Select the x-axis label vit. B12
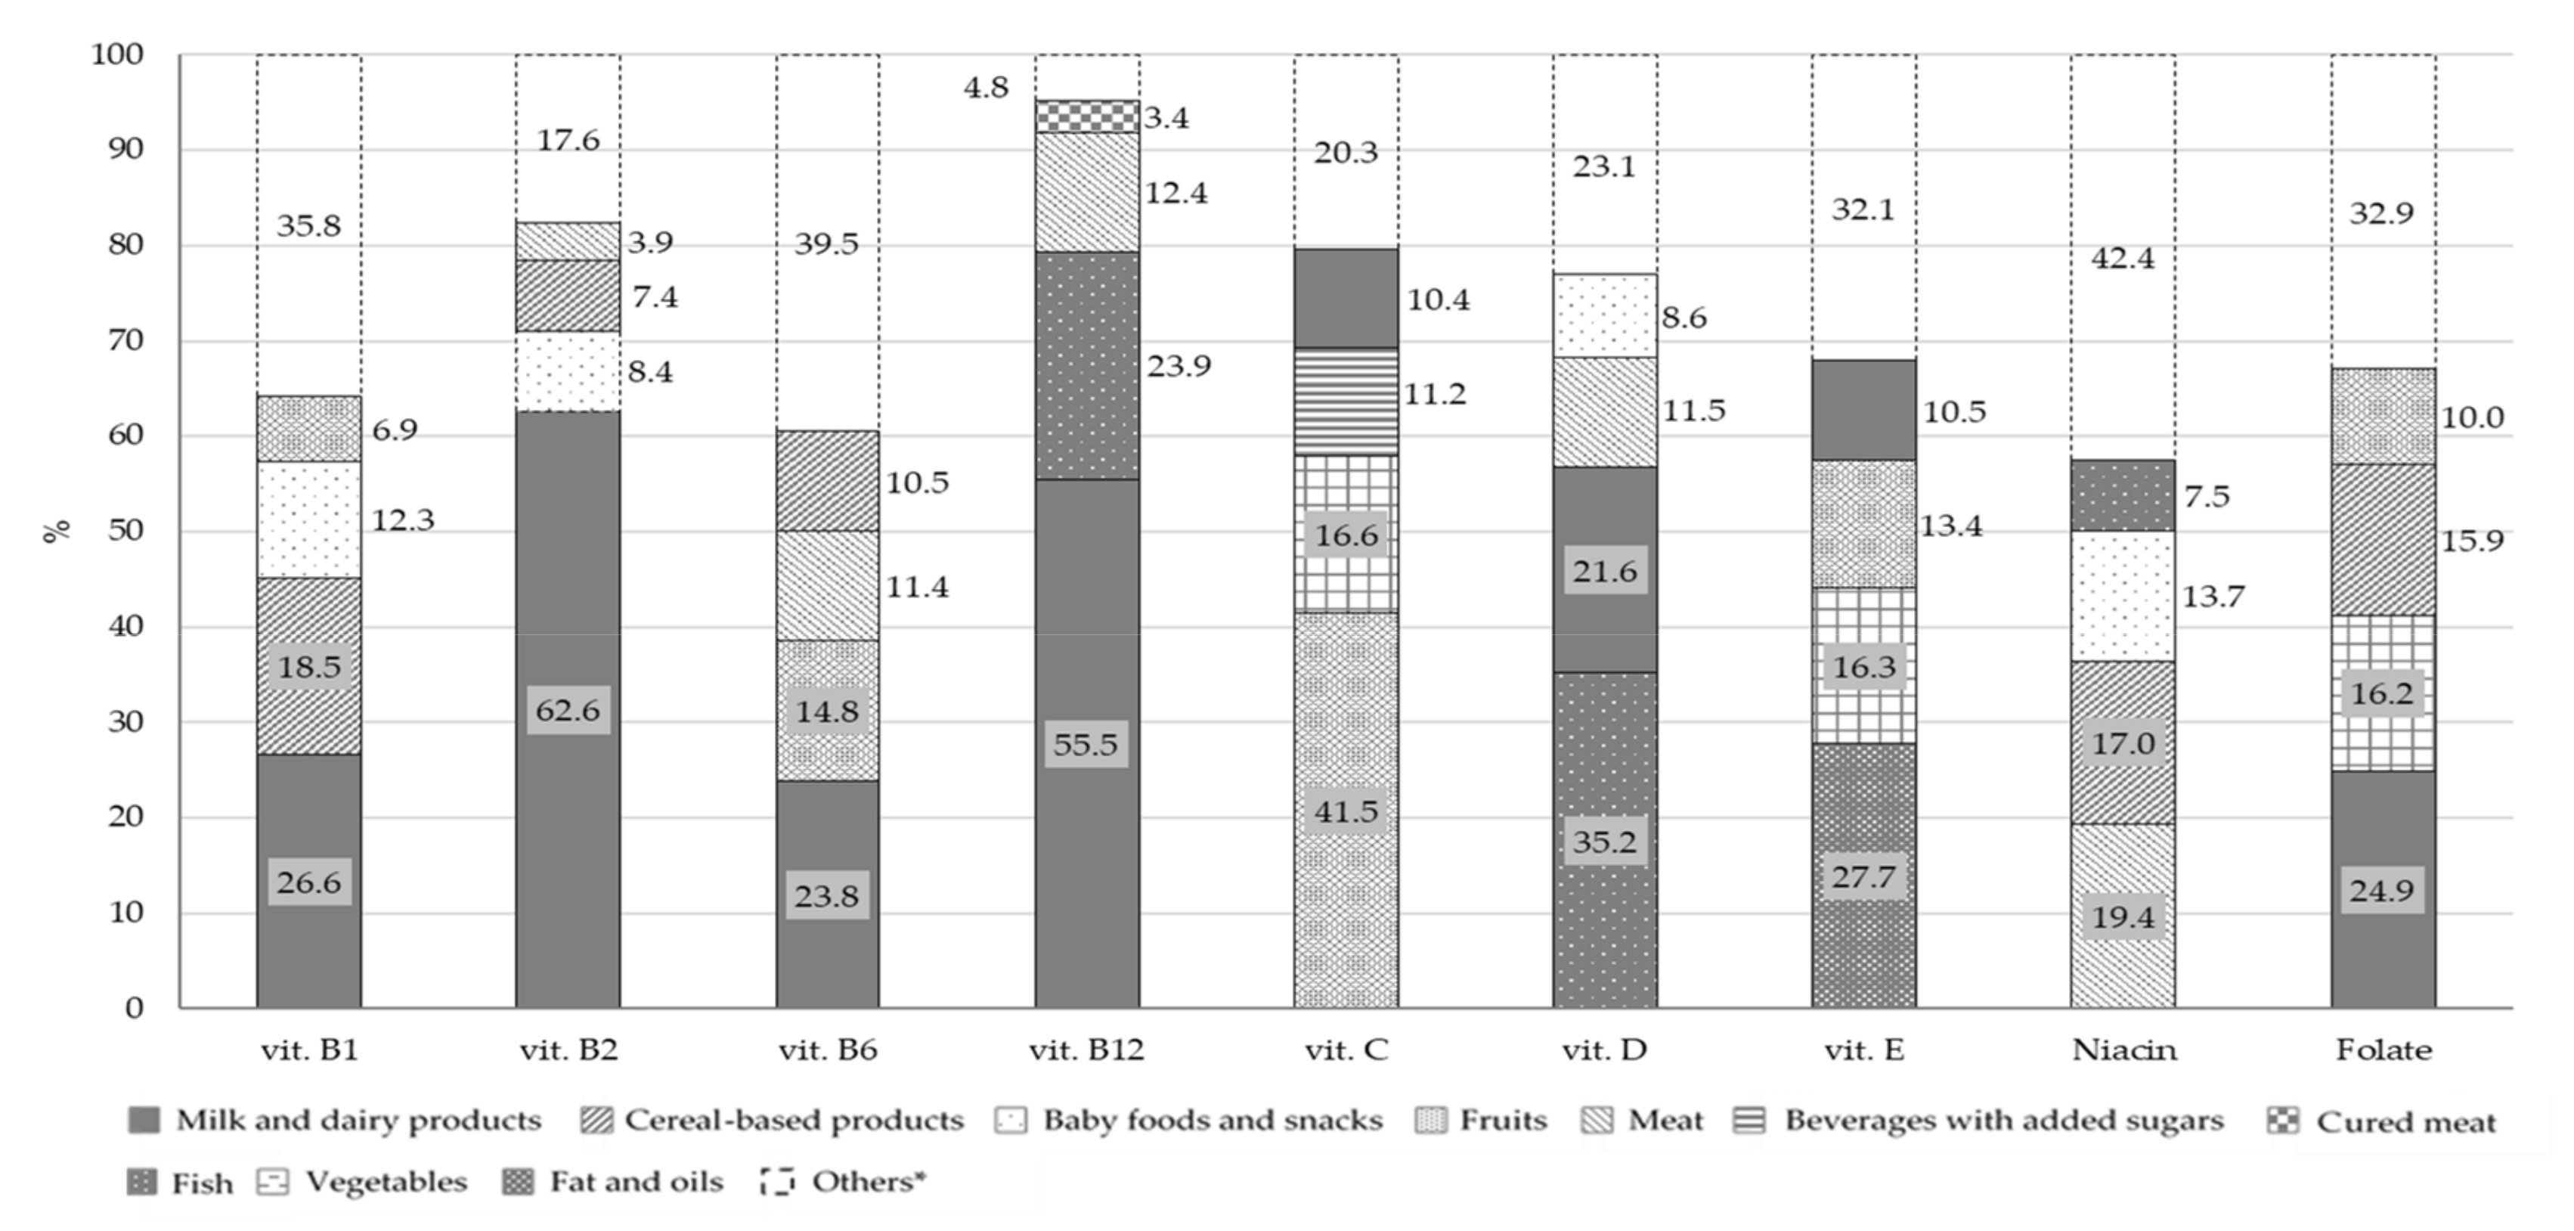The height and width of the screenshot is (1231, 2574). tap(1086, 1050)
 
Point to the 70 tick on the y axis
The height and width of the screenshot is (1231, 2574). tap(126, 341)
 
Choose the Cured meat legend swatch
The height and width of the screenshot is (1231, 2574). tap(2282, 1121)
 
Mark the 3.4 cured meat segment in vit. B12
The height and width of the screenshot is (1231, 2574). tap(1086, 116)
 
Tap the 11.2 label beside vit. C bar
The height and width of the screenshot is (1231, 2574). tap(1435, 395)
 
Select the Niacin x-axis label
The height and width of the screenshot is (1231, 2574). tap(2123, 1050)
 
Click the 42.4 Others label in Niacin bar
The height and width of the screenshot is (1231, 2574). tap(2123, 259)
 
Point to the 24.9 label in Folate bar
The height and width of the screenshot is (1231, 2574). tap(2382, 890)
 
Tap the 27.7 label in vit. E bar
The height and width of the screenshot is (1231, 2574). tap(1863, 877)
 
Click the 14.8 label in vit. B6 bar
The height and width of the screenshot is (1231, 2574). tap(826, 712)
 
